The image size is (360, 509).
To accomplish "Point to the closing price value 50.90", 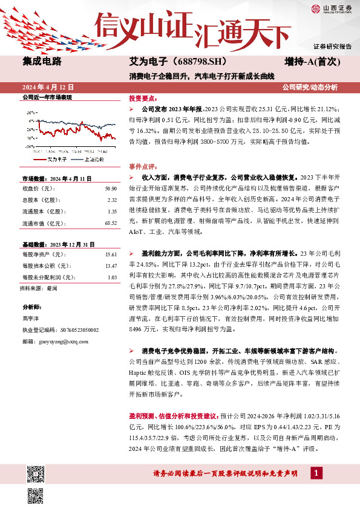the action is (110, 190).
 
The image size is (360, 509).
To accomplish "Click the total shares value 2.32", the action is (111, 201).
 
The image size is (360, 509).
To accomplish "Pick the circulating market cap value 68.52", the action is (110, 223).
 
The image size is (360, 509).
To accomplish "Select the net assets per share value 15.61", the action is (110, 255).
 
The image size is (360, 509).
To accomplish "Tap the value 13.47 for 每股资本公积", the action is (110, 266).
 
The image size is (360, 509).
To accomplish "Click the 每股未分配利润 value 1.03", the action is (111, 277).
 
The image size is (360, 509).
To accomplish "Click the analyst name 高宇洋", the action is (30, 319).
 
